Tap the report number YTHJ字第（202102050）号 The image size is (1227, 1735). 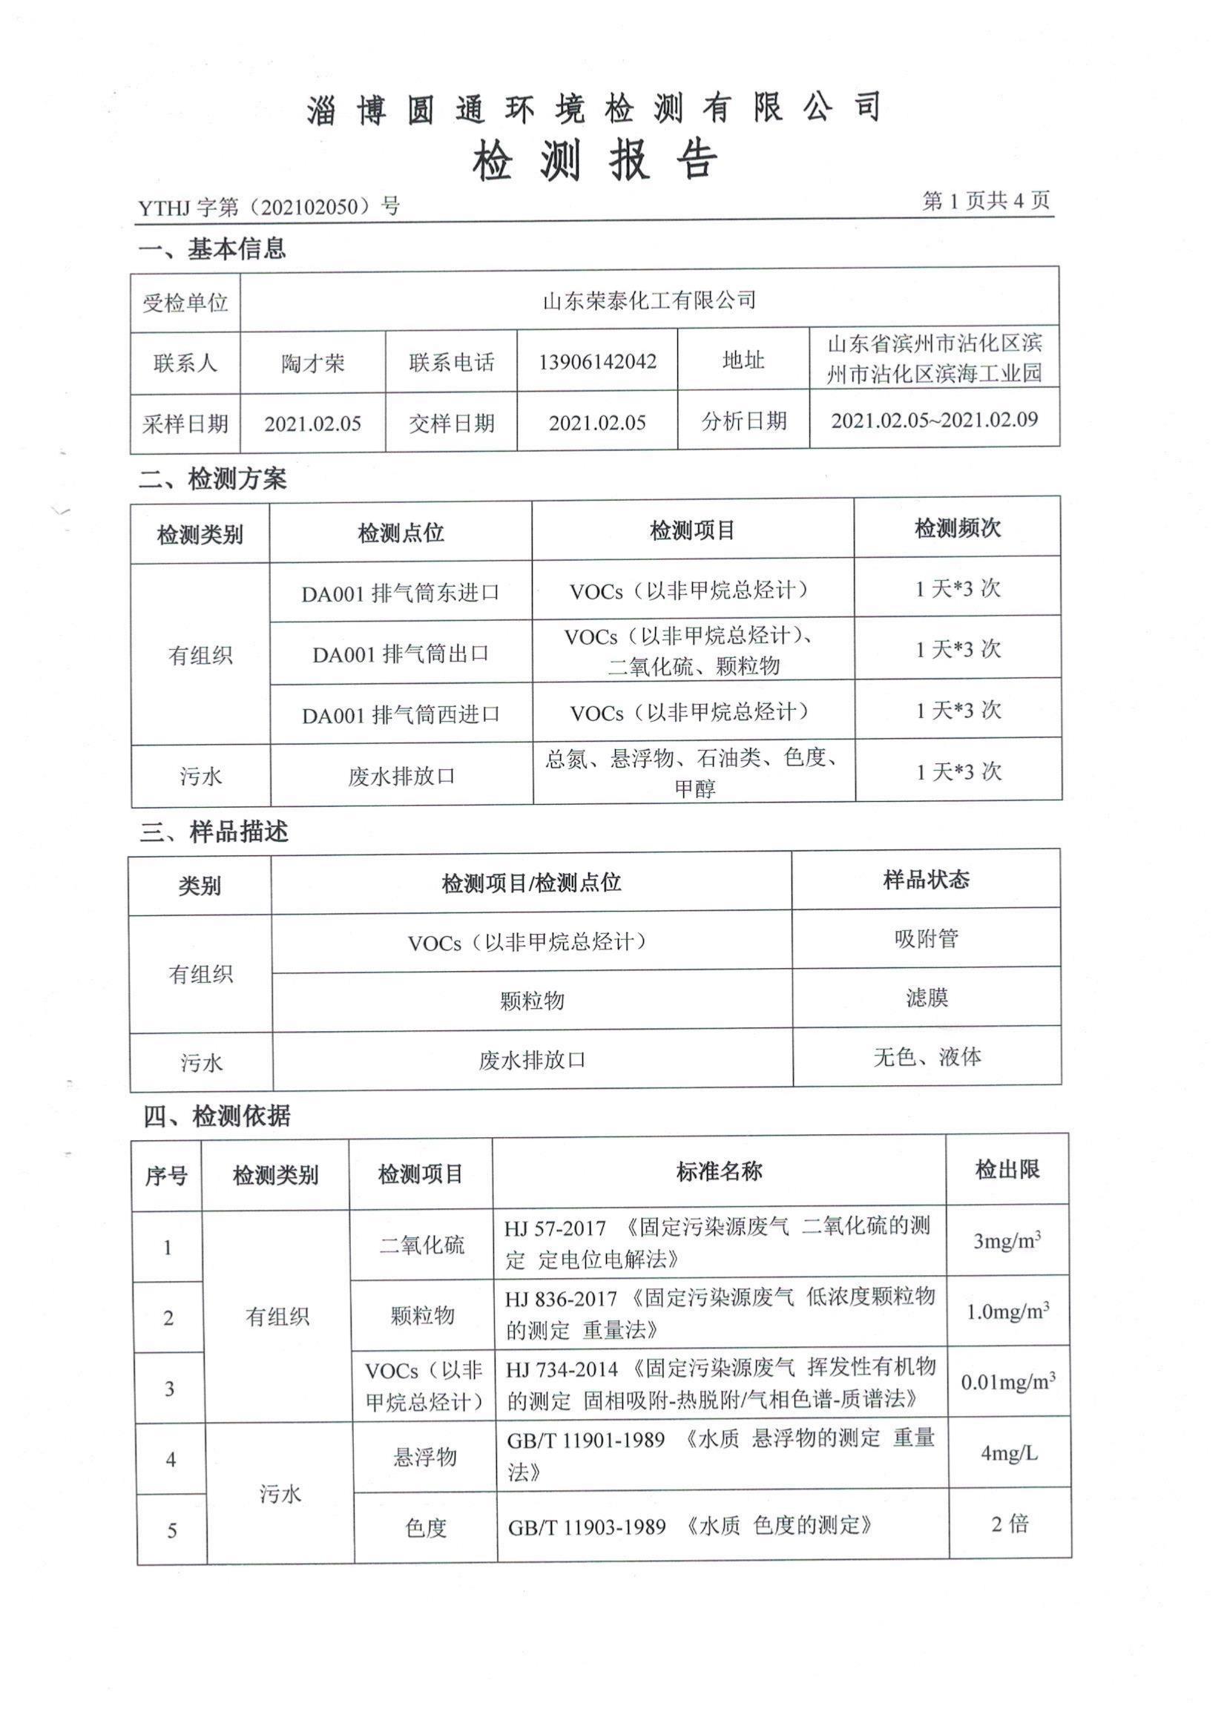(x=269, y=206)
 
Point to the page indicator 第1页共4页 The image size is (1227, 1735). (x=986, y=201)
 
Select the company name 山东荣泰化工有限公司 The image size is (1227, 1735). (x=649, y=300)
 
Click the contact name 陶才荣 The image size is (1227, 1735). (x=313, y=363)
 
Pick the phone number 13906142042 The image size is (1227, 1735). (x=597, y=362)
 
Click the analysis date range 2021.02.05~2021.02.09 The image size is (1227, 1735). (x=935, y=420)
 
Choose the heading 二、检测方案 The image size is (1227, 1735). (x=212, y=479)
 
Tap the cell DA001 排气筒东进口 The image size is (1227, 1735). (x=401, y=593)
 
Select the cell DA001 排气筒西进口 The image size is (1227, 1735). (x=401, y=714)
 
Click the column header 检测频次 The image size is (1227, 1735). (x=957, y=528)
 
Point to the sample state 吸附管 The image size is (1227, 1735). (x=927, y=938)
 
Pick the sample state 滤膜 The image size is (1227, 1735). (x=927, y=998)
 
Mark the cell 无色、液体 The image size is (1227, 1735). (x=927, y=1057)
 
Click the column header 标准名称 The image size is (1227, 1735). (x=719, y=1172)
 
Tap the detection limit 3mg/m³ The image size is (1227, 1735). (x=1007, y=1242)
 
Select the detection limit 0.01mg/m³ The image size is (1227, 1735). (x=1008, y=1382)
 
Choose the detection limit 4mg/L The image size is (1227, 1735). (x=1009, y=1452)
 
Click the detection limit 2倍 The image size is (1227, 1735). (x=1010, y=1524)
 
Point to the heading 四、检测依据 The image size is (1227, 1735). (x=217, y=1116)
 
